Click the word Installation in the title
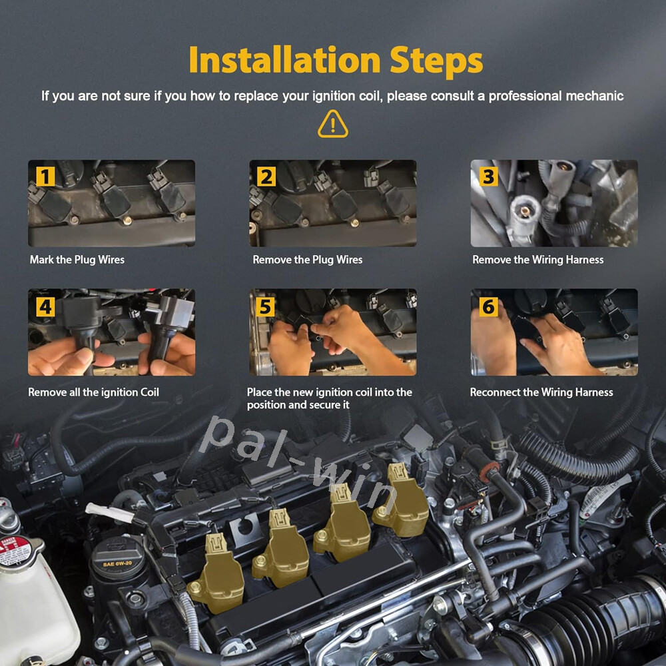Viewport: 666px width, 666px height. point(284,60)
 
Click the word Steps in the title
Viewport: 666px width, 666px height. point(436,61)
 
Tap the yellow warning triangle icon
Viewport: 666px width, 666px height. point(332,124)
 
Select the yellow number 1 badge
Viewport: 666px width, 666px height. point(45,176)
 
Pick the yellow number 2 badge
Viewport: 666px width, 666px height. point(266,176)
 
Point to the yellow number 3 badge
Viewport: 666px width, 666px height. point(488,176)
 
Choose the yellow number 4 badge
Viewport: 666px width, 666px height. point(45,306)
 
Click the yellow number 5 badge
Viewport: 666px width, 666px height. point(265,306)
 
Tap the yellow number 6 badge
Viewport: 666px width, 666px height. point(488,306)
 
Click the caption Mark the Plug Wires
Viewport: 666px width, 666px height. point(77,260)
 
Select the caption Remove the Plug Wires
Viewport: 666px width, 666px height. point(308,260)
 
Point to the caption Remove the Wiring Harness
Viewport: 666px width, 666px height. point(537,260)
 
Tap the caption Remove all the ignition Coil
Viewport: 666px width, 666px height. point(93,392)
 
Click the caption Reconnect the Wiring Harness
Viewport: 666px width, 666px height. point(541,392)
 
